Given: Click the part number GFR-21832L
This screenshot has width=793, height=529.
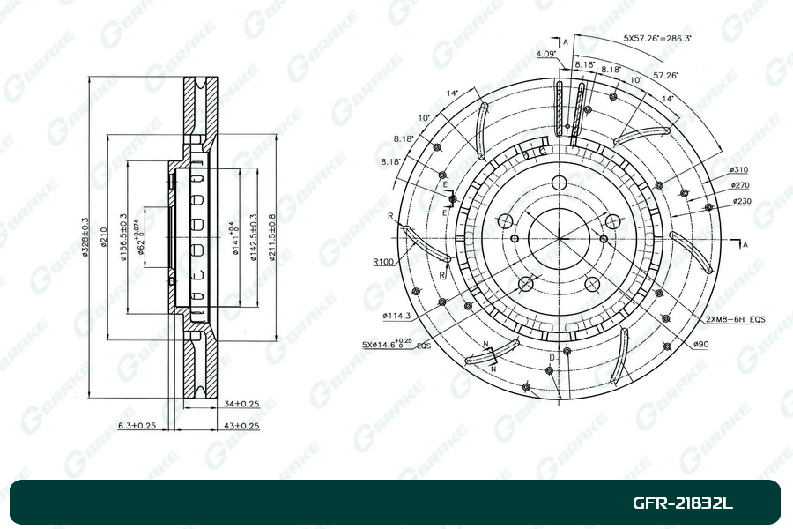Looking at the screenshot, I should point(683,504).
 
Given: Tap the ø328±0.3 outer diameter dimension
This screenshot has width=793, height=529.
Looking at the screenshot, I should point(85,238).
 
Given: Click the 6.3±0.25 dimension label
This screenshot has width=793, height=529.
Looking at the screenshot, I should point(137,426).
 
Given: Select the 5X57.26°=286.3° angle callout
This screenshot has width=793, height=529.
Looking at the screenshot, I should point(657,39).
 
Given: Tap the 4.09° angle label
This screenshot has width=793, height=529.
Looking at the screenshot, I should point(545,55).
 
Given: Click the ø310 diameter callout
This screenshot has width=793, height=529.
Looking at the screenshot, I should point(738,169).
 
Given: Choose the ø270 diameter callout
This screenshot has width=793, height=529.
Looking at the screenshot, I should point(740,185).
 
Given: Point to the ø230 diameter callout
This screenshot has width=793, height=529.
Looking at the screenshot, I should point(742,202).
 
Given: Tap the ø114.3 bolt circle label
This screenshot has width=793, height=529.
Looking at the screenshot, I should point(398,315).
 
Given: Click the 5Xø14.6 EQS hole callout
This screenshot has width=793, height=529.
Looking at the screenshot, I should point(396,346).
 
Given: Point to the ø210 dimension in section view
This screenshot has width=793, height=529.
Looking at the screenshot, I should point(104,238).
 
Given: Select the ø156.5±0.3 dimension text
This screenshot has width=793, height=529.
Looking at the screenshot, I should point(123,238).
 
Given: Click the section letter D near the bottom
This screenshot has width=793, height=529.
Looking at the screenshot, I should point(551,356).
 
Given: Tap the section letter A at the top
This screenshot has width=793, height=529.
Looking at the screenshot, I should point(566,41).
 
